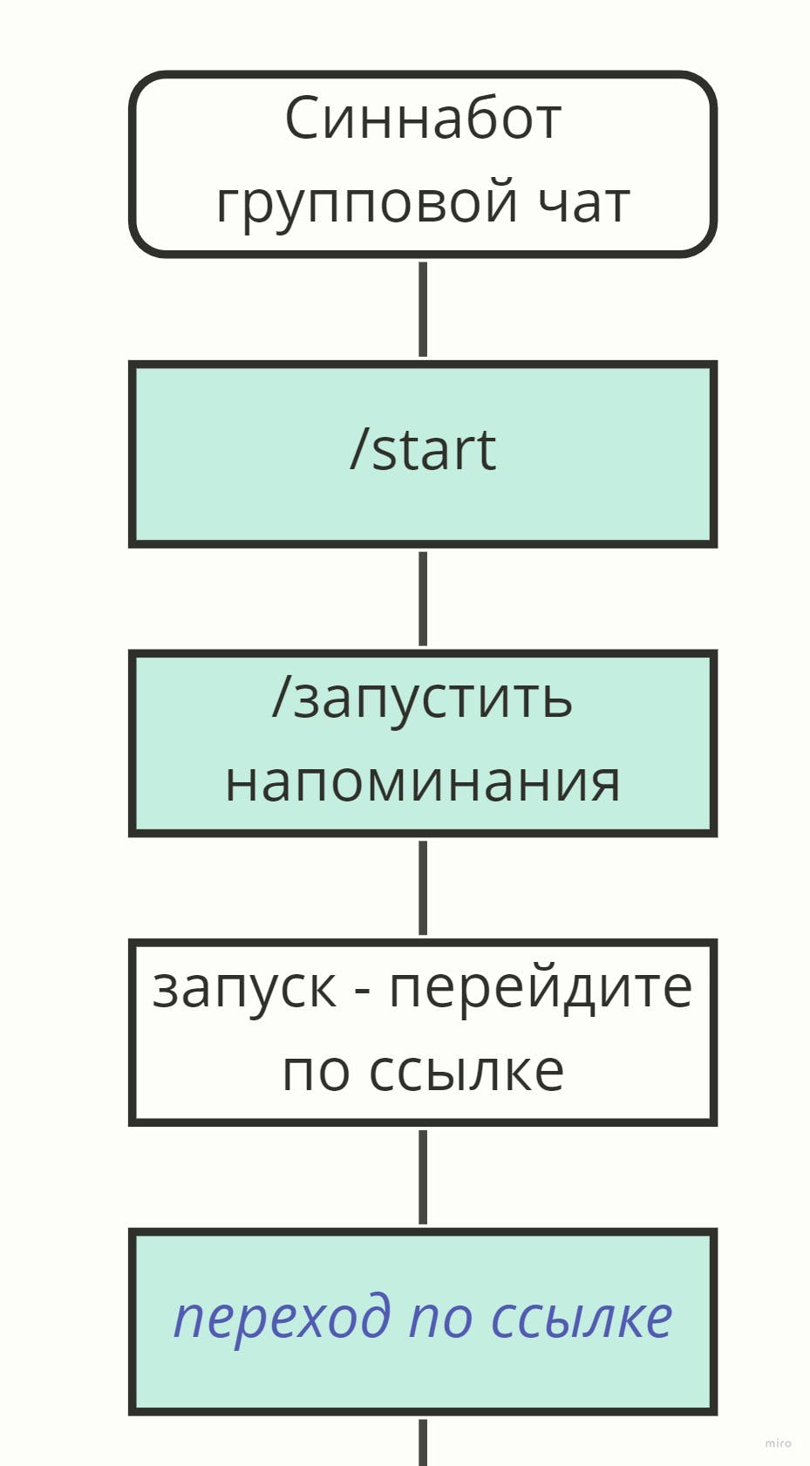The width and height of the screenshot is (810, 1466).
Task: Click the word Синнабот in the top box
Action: pyautogui.click(x=423, y=119)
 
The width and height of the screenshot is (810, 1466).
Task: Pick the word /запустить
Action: pyautogui.click(x=423, y=699)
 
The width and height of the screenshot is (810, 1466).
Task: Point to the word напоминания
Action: pyautogui.click(x=423, y=781)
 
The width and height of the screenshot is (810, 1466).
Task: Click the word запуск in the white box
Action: pyautogui.click(x=245, y=989)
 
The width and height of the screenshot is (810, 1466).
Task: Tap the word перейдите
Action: pyautogui.click(x=541, y=987)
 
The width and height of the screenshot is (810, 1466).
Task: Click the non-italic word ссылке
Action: pyautogui.click(x=466, y=1070)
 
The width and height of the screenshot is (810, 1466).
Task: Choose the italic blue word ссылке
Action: pyautogui.click(x=582, y=1317)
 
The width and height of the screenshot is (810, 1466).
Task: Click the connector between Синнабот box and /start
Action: pyautogui.click(x=423, y=309)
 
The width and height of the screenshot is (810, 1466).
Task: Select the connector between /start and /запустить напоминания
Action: pyautogui.click(x=423, y=598)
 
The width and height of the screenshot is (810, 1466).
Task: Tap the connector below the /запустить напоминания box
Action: pyautogui.click(x=423, y=888)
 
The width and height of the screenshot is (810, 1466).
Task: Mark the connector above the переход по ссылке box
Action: pyautogui.click(x=423, y=1177)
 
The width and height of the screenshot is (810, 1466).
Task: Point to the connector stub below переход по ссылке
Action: pyautogui.click(x=423, y=1443)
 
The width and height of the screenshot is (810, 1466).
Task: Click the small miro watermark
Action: pyautogui.click(x=779, y=1443)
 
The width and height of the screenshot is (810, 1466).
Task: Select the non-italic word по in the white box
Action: pyautogui.click(x=316, y=1070)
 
